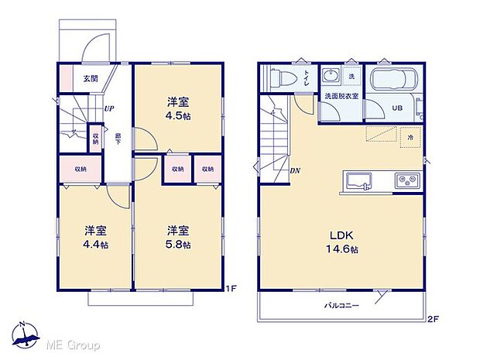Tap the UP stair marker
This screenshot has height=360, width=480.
[x=109, y=108]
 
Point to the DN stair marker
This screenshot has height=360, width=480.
[x=295, y=171]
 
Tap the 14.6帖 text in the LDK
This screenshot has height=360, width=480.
[x=342, y=249]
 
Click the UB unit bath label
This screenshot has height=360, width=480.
[x=396, y=108]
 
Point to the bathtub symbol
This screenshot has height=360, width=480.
[x=394, y=81]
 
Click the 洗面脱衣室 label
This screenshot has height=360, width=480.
[x=341, y=96]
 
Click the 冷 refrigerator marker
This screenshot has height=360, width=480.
[x=410, y=138]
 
